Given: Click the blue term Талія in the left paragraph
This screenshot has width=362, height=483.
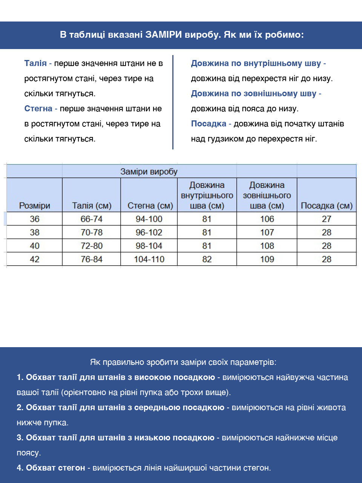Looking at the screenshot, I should pos(35,63).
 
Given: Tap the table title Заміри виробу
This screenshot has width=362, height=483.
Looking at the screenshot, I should pos(149,172).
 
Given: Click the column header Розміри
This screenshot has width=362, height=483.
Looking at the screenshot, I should pos(35,206).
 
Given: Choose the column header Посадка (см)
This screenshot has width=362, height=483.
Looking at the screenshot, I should pos(327,206).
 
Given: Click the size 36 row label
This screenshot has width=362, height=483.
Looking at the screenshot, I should pos(35,219).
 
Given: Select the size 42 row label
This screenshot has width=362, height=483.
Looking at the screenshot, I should pos(35,259).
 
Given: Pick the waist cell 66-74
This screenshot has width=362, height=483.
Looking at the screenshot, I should pos(92,219).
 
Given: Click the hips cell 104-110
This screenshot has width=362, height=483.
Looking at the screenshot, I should pos(149,259).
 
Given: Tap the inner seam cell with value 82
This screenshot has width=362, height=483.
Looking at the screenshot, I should pos(207,259).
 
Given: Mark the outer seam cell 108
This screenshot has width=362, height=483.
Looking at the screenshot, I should pos(267,246).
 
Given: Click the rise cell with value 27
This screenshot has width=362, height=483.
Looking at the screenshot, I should pos(327,219).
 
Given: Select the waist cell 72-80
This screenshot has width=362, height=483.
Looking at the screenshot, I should pos(92,246).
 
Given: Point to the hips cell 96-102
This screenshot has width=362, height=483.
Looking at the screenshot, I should pos(149,232).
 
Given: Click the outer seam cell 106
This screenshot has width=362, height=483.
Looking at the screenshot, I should pos(267,219).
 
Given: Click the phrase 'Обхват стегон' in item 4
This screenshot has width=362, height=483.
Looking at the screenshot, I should pos(55,468).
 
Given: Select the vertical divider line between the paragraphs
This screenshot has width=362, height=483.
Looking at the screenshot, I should pos(173,102).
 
